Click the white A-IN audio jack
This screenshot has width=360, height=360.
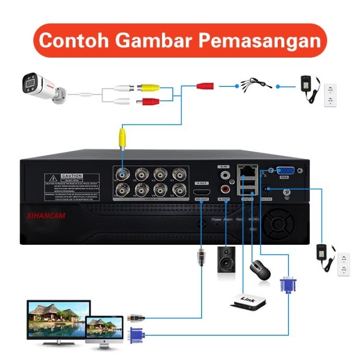(x=224, y=176)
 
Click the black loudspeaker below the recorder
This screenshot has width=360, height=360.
(x=226, y=261)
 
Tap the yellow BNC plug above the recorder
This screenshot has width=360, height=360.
(x=122, y=137)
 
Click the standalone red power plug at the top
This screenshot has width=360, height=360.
(x=205, y=85)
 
